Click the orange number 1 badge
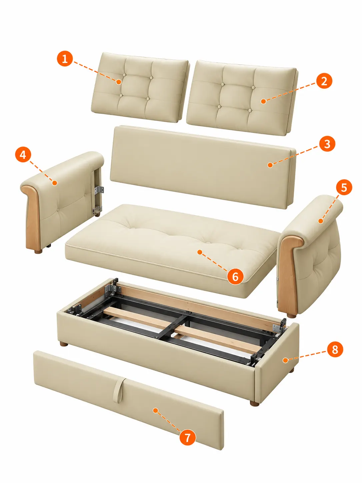click(65, 59)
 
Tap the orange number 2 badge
click(324, 81)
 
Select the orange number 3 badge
click(327, 144)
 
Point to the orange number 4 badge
click(23, 155)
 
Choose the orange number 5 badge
click(344, 187)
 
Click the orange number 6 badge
click(235, 277)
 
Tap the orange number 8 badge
click(335, 349)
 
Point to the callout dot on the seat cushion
click(200, 252)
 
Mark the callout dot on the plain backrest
click(270, 165)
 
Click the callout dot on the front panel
click(155, 410)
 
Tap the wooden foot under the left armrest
click(38, 251)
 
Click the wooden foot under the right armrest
click(291, 316)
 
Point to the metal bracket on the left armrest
click(99, 190)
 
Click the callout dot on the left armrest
click(55, 183)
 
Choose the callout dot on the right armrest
click(321, 221)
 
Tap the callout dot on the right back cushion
click(263, 101)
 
